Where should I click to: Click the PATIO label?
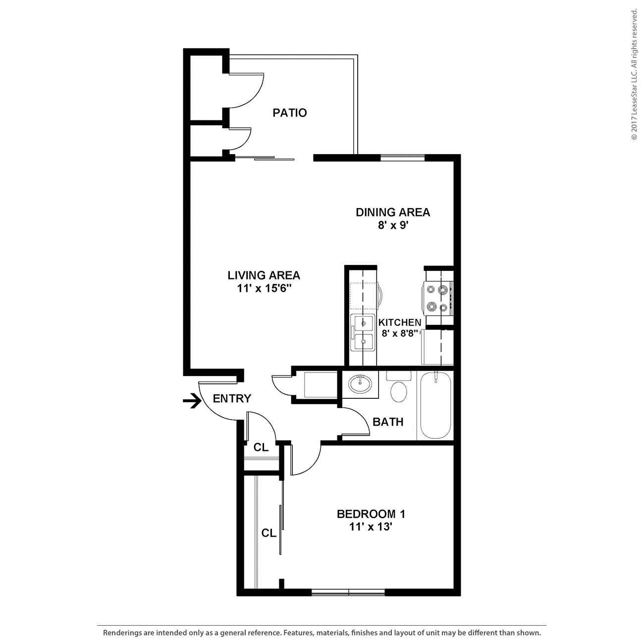click(x=290, y=113)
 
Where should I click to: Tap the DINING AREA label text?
click(x=392, y=213)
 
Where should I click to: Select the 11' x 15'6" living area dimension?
click(x=264, y=289)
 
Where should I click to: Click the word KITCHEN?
click(x=400, y=322)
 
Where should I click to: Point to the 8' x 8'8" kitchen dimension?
click(x=400, y=333)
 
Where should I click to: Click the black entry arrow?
click(x=192, y=401)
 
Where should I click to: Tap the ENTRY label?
click(x=232, y=399)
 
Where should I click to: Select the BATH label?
click(x=388, y=422)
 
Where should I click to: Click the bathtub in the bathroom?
click(x=435, y=406)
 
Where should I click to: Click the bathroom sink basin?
click(x=360, y=383)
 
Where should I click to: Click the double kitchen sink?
click(x=363, y=332)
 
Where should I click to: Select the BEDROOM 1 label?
click(x=374, y=514)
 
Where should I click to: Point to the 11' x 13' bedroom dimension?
click(x=371, y=527)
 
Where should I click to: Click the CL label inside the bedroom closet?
click(x=269, y=534)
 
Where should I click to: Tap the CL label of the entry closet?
click(x=261, y=448)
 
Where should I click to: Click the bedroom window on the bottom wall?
click(x=348, y=592)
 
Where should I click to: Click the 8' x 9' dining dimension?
click(x=392, y=226)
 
